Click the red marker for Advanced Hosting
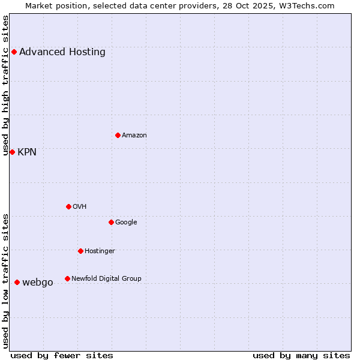(x=14, y=52)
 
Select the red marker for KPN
(x=12, y=152)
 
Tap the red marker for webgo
(x=17, y=282)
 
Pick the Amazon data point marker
(x=118, y=135)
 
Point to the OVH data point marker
(x=68, y=206)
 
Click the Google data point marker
(x=111, y=222)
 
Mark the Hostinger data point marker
(x=80, y=251)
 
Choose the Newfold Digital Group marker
(x=67, y=278)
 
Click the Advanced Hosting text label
(x=62, y=52)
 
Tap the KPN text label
(x=27, y=152)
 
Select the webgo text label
(x=38, y=282)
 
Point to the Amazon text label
(x=134, y=135)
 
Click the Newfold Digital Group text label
(x=106, y=278)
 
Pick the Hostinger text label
(x=100, y=251)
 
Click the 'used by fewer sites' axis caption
(x=62, y=355)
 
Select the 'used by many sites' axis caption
(x=301, y=355)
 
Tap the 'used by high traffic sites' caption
(x=6, y=85)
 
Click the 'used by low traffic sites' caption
(x=6, y=281)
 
